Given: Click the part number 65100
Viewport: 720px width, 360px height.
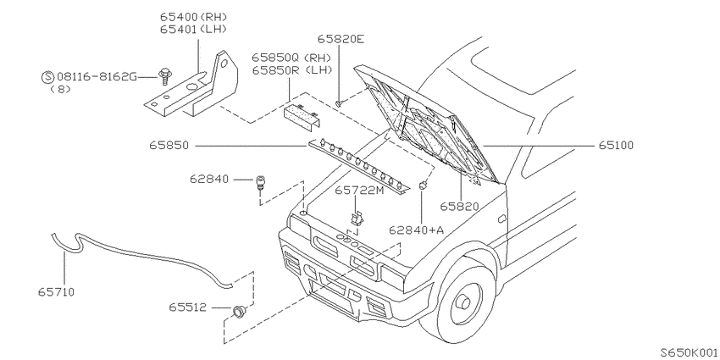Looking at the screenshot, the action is point(616,146).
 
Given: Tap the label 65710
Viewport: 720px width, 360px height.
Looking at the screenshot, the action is point(56,291).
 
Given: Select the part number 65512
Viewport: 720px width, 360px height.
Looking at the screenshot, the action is point(187,307).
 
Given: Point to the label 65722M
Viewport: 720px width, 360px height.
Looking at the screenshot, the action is point(358,190).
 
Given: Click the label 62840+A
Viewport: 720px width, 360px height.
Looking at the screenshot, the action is point(417,230).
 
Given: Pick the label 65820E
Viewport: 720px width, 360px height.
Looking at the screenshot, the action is point(341,39).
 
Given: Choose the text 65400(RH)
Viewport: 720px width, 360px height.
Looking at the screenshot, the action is point(194,17).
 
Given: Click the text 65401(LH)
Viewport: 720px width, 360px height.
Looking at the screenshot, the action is point(194,29).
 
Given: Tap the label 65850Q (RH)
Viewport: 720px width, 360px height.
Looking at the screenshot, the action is point(291,58).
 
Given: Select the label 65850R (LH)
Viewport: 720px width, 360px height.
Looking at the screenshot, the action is point(291,70).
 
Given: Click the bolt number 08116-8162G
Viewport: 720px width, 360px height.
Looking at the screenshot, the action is point(97,76).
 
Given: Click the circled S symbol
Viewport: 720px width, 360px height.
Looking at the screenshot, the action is point(48,77).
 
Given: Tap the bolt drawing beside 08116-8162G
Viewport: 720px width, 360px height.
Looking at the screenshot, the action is point(163,76).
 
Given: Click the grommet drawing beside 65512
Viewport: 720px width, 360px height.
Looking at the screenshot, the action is point(238,313).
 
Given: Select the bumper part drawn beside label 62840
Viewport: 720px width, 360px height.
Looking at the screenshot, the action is point(260,182).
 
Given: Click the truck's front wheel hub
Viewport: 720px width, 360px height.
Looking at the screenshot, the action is point(462,302).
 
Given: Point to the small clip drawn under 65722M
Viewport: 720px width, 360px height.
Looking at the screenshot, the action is point(357,218).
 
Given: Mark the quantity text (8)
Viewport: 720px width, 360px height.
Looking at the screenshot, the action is point(61,89).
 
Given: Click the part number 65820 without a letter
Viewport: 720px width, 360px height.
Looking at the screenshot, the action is point(459,207).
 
